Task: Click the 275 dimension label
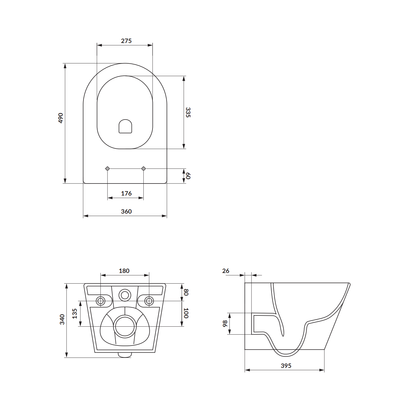pyautogui.click(x=126, y=41)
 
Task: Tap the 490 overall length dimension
pyautogui.click(x=61, y=118)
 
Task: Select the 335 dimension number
pyautogui.click(x=188, y=112)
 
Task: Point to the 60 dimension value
pyautogui.click(x=188, y=176)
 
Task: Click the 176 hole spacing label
pyautogui.click(x=126, y=193)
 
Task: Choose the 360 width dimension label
pyautogui.click(x=126, y=211)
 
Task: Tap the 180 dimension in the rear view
pyautogui.click(x=124, y=271)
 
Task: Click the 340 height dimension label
pyautogui.click(x=62, y=319)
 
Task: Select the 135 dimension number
pyautogui.click(x=75, y=313)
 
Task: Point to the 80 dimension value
pyautogui.click(x=186, y=292)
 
